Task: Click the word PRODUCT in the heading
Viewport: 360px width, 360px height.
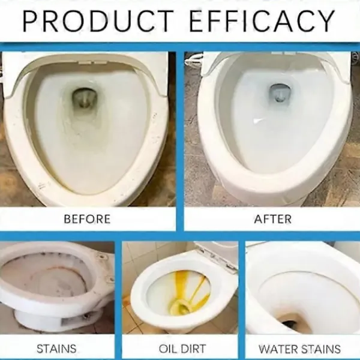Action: [x=98, y=20]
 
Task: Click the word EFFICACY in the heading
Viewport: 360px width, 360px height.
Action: [x=262, y=20]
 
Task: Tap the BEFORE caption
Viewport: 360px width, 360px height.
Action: [x=87, y=219]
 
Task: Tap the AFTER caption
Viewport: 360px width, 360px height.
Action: [x=273, y=219]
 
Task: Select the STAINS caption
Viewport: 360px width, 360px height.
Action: [x=56, y=349]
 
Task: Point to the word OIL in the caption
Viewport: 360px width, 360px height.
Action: [x=167, y=349]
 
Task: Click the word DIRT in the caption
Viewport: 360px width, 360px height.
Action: [x=194, y=349]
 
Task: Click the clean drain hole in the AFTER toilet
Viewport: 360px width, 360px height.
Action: [x=279, y=93]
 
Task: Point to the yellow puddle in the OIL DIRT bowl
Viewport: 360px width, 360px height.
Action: [x=180, y=305]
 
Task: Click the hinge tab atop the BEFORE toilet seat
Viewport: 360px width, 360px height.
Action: [x=92, y=62]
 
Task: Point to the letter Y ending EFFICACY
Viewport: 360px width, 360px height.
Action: [x=325, y=20]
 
